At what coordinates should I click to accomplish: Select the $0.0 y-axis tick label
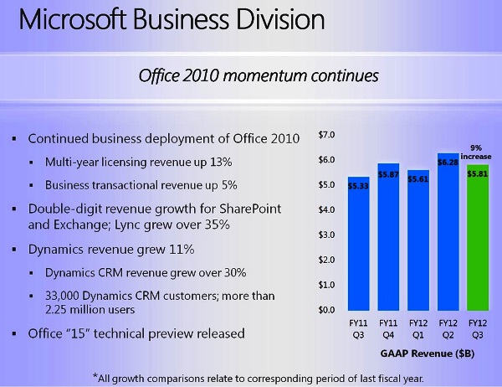[326, 310]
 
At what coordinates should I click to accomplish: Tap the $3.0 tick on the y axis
[326, 235]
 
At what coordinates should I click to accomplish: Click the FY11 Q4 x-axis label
[387, 326]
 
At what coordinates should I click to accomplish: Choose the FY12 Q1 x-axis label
[417, 326]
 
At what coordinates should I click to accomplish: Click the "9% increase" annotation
[479, 152]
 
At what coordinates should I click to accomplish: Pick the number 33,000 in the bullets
[68, 295]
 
